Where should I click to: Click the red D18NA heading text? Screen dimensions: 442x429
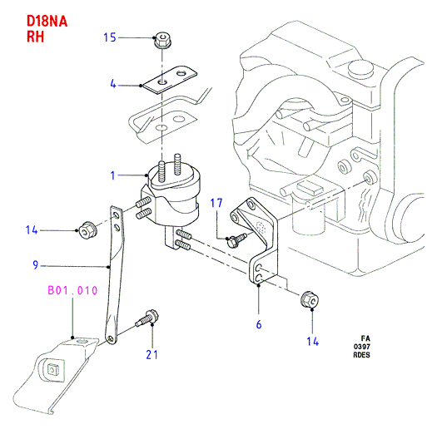(x=47, y=22)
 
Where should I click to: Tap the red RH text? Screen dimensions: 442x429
(x=36, y=37)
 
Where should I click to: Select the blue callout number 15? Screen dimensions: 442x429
(x=110, y=37)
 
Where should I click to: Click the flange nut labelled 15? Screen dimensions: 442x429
(x=162, y=40)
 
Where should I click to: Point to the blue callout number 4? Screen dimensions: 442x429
(x=113, y=84)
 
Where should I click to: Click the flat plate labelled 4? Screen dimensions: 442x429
(x=170, y=79)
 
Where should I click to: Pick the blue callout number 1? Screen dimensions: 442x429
(x=112, y=175)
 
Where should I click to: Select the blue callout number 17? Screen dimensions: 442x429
(x=216, y=203)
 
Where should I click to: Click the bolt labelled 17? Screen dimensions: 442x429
(x=236, y=240)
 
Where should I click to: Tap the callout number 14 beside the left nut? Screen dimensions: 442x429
(x=32, y=229)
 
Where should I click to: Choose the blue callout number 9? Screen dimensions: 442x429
(x=35, y=265)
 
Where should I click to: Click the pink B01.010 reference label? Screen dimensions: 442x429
(x=72, y=290)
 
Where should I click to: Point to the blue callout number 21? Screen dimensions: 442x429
(x=152, y=354)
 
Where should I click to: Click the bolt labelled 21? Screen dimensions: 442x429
(x=147, y=318)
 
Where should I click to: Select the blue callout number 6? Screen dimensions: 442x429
(x=259, y=324)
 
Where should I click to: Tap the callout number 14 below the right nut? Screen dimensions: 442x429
(x=313, y=342)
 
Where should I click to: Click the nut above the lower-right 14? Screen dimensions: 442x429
(x=310, y=299)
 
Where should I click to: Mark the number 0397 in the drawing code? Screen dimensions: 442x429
(x=362, y=347)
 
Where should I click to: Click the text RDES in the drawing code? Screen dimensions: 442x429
(x=361, y=355)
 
